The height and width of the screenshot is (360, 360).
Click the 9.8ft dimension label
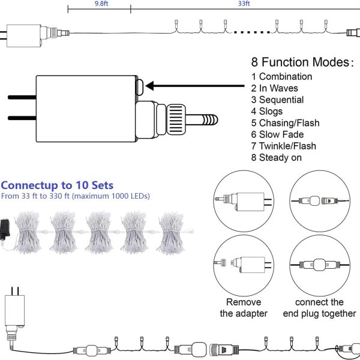pyautogui.click(x=101, y=4)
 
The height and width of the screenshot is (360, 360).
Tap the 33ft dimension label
pyautogui.click(x=244, y=4)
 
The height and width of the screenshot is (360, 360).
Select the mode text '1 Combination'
pyautogui.click(x=281, y=77)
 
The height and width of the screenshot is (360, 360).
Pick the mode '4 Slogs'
pyautogui.click(x=267, y=112)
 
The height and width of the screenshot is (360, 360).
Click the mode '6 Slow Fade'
pyautogui.click(x=277, y=134)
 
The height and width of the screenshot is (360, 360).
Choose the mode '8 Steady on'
pyautogui.click(x=276, y=158)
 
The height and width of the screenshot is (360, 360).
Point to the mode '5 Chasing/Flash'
pyautogui.click(x=285, y=123)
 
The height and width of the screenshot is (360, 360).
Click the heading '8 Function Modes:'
pyautogui.click(x=302, y=62)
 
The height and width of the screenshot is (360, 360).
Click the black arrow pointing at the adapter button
pyautogui.click(x=195, y=86)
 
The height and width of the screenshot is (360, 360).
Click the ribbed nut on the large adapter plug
pyautogui.click(x=176, y=119)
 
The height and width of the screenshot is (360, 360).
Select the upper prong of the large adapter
pyautogui.click(x=22, y=97)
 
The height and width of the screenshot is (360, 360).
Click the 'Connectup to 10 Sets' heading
pyautogui.click(x=57, y=185)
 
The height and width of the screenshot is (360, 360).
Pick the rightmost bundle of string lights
pyautogui.click(x=171, y=233)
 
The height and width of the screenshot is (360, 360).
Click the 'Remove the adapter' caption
pyautogui.click(x=244, y=308)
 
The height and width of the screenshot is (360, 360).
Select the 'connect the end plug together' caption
pyautogui.click(x=319, y=308)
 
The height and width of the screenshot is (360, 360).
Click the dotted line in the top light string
pyautogui.click(x=252, y=32)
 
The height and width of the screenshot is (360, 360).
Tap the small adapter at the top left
pyautogui.click(x=24, y=36)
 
